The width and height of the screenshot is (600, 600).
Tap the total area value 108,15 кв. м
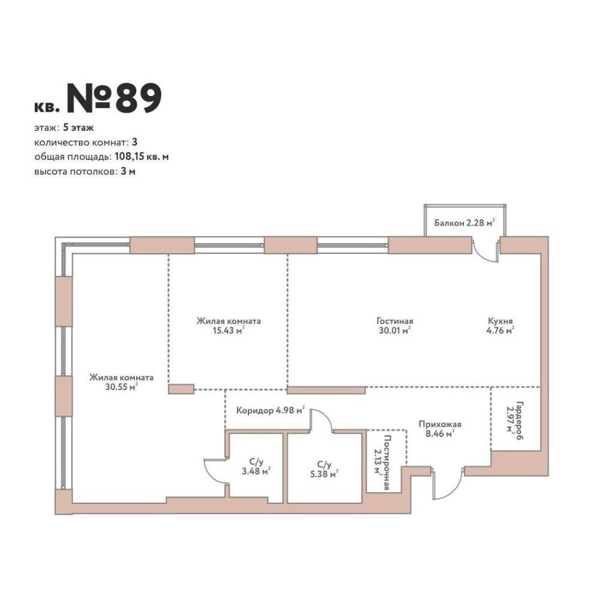click(142, 157)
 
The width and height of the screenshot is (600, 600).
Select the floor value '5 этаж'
click(79, 127)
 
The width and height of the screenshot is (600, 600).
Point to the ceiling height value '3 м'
click(128, 172)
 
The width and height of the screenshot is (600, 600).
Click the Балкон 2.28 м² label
click(464, 223)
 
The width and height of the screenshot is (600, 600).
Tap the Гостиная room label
click(395, 321)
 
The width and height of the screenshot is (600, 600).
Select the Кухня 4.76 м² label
click(500, 326)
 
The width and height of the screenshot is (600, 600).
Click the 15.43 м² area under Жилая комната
click(229, 330)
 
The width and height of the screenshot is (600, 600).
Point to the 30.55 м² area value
click(121, 387)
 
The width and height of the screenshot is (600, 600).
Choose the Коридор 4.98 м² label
click(271, 410)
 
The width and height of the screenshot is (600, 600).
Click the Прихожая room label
click(440, 424)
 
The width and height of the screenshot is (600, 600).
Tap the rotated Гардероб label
click(519, 420)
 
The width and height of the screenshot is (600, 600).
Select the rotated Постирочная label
click(386, 463)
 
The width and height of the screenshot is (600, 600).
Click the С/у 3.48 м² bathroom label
click(256, 467)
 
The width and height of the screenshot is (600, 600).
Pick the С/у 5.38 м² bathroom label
click(324, 469)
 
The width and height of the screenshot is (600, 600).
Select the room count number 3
click(134, 142)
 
